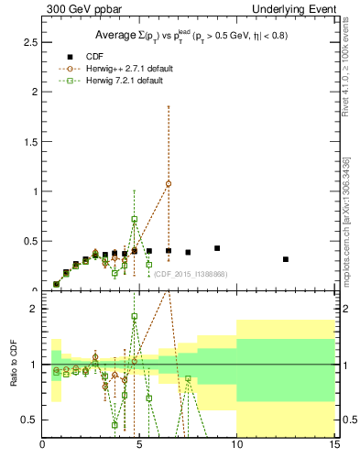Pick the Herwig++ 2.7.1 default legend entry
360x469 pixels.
coord(124,69)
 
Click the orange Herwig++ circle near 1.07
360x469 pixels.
coord(169,183)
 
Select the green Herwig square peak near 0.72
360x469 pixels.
coord(135,220)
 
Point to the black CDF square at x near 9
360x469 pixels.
coord(217,248)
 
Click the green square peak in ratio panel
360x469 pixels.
coord(135,316)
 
